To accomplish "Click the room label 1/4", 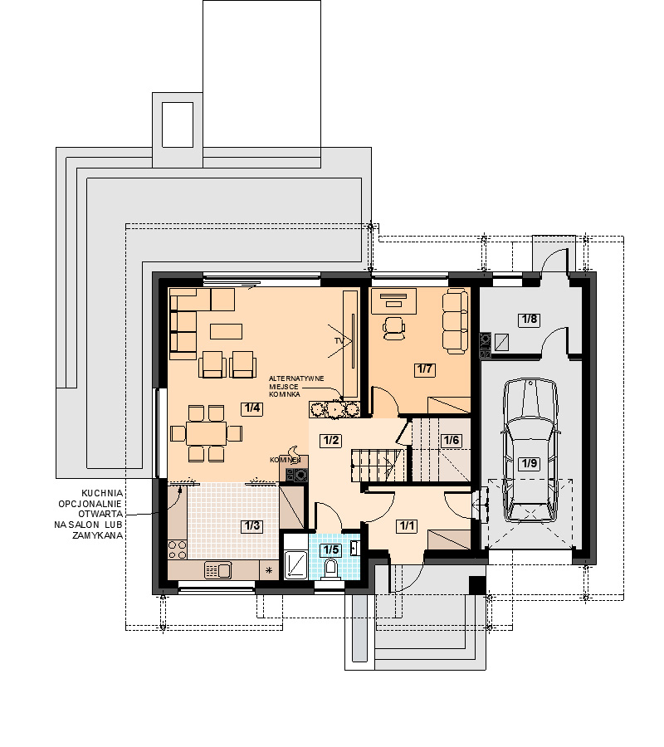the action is click(x=252, y=408).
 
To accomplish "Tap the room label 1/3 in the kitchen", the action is click(x=252, y=526).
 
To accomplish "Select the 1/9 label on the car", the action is click(x=530, y=463).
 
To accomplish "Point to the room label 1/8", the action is click(x=530, y=319).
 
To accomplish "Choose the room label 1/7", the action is click(x=424, y=369).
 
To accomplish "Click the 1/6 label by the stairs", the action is click(x=451, y=440).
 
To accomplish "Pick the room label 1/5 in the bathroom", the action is click(x=331, y=549).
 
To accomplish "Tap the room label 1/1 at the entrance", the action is click(x=407, y=526).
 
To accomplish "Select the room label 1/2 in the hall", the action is click(x=331, y=440).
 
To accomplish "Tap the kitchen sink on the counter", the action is click(x=217, y=569).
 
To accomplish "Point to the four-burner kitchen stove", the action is click(x=177, y=549).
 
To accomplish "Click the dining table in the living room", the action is click(x=206, y=433).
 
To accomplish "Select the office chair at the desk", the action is click(x=394, y=328).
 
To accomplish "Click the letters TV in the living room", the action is click(x=339, y=341).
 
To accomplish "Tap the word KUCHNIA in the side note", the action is click(x=102, y=494).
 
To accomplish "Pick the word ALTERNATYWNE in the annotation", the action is click(x=296, y=378).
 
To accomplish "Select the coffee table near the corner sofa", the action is click(x=226, y=331).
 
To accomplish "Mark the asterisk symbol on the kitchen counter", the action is click(x=269, y=569).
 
